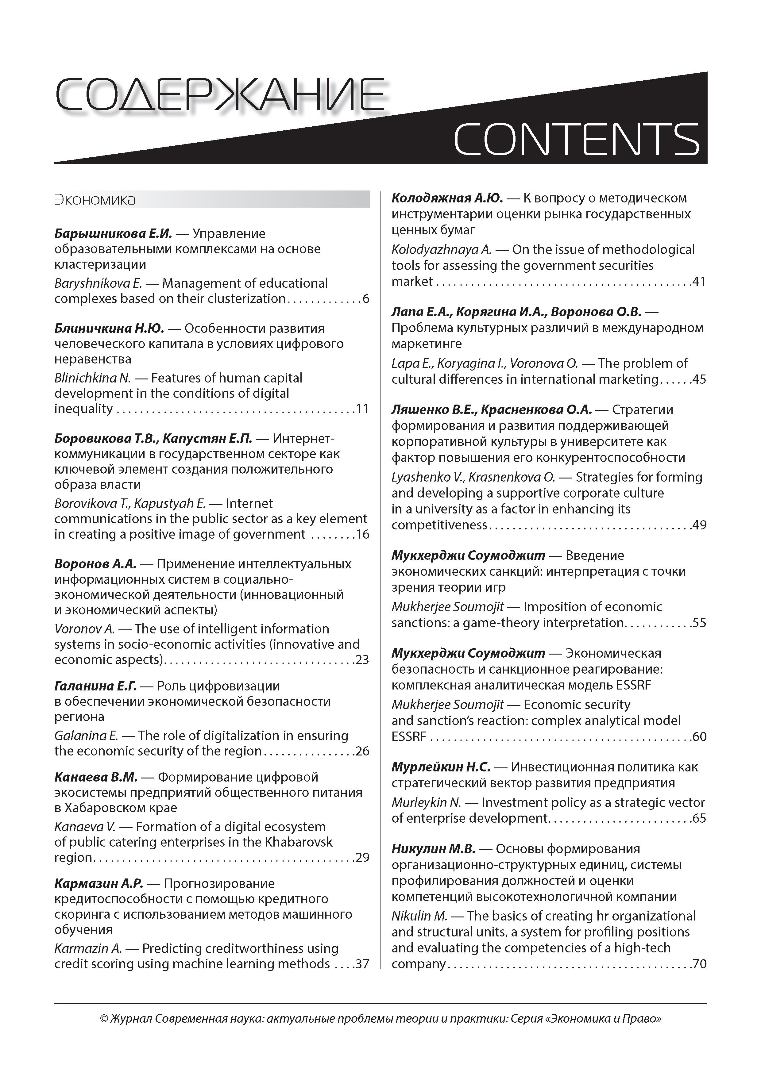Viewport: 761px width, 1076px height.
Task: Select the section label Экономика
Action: point(95,200)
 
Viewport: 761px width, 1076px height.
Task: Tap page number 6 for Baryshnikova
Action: point(366,298)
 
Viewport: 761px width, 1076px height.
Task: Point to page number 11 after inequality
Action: point(362,409)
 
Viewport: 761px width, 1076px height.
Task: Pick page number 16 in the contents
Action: point(362,534)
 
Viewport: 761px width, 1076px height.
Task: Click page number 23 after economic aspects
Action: point(362,660)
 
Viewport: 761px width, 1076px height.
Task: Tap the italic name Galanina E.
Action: point(86,736)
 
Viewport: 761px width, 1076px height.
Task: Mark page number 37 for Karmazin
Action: point(362,964)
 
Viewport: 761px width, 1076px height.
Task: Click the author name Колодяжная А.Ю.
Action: point(447,198)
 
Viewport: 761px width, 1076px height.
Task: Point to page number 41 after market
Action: point(699,282)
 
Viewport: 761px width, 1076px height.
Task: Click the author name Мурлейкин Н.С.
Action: point(441,767)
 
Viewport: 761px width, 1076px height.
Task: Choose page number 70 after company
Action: point(699,964)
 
